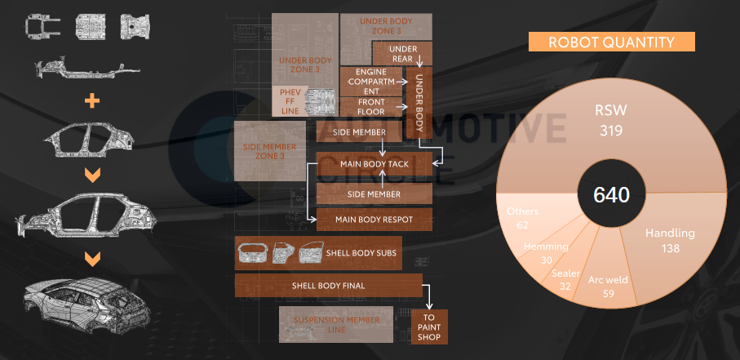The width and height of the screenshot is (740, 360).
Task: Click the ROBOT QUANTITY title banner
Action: pyautogui.click(x=611, y=42)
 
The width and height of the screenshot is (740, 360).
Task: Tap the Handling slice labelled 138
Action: pyautogui.click(x=669, y=240)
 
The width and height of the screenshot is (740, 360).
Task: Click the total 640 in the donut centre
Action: pyautogui.click(x=612, y=195)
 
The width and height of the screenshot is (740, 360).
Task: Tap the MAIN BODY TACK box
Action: pyautogui.click(x=374, y=163)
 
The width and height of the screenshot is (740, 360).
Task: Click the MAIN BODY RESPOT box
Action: pyautogui.click(x=374, y=220)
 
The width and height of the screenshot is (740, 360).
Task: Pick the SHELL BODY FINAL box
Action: pyautogui.click(x=328, y=286)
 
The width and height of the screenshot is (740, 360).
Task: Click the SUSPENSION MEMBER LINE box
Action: pyautogui.click(x=336, y=324)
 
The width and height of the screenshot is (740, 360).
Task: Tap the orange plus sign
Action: pyautogui.click(x=93, y=101)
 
